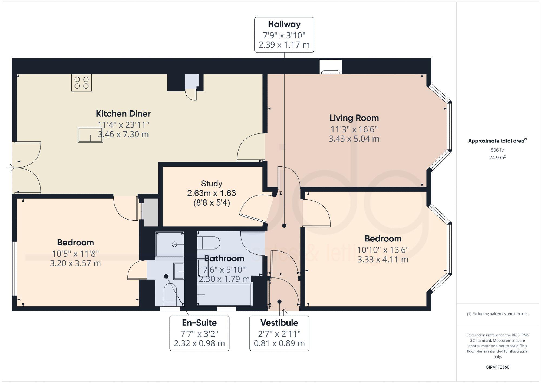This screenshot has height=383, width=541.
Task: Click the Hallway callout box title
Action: click(x=284, y=24)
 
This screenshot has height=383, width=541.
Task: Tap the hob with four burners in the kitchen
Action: click(x=81, y=83)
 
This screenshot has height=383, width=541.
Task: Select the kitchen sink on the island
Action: click(x=90, y=135)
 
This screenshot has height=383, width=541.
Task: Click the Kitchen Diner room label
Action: click(x=123, y=114)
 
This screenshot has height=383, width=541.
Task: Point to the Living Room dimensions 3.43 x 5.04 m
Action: click(x=354, y=139)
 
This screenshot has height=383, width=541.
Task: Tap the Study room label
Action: click(x=212, y=184)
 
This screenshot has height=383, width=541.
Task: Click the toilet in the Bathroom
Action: click(x=209, y=243)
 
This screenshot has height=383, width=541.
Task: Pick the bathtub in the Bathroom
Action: click(x=225, y=294)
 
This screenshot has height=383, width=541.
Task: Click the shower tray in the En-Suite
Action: click(x=170, y=244)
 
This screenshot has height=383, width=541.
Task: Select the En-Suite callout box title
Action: click(x=199, y=323)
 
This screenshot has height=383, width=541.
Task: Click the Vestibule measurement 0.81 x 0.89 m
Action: click(x=279, y=343)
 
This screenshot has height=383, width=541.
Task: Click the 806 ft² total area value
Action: click(x=497, y=150)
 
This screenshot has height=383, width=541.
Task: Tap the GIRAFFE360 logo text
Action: click(x=497, y=367)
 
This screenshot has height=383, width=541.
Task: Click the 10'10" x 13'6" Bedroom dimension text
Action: click(x=383, y=250)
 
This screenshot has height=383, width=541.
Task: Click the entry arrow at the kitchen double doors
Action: click(x=11, y=168)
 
